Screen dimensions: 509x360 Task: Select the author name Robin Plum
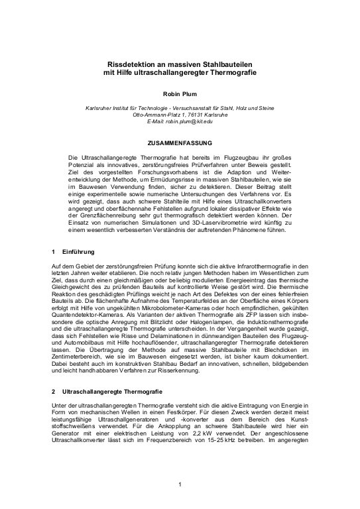(x=180, y=94)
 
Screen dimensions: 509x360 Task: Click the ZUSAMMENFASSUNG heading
(x=180, y=142)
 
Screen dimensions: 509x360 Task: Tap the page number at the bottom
(x=180, y=485)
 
